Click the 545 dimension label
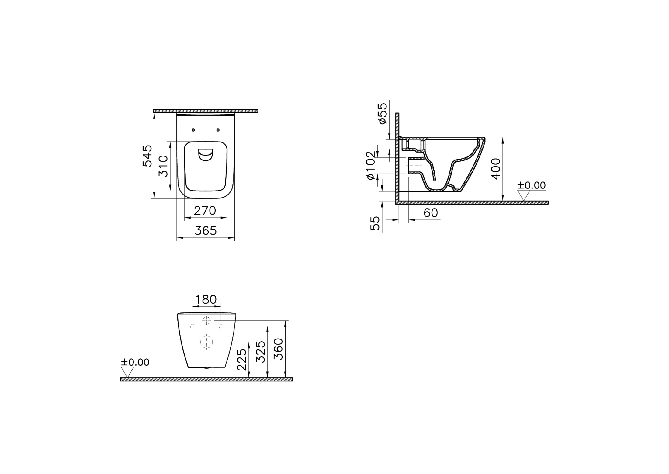[148, 156]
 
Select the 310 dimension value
[163, 166]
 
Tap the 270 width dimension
[205, 211]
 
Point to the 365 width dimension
[206, 231]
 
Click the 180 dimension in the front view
[206, 299]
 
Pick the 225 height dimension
[242, 360]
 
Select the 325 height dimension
[261, 352]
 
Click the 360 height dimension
[279, 349]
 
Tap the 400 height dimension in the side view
[496, 169]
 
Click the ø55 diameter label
[383, 113]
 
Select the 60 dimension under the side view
[431, 213]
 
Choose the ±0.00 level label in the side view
[532, 185]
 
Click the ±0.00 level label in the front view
[135, 362]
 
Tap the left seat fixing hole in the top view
[193, 130]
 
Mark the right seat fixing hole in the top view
[218, 130]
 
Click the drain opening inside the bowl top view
[206, 155]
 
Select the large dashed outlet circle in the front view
[207, 342]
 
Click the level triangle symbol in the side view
[524, 195]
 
